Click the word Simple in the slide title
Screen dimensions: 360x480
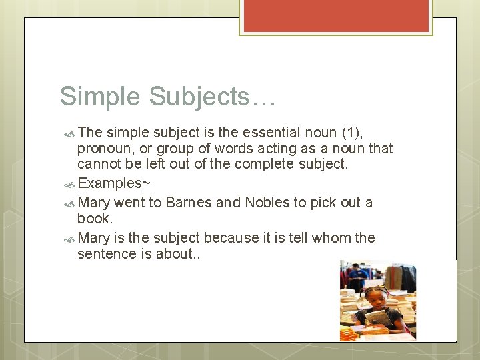tap(100, 97)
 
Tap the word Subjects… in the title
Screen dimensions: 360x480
tap(212, 97)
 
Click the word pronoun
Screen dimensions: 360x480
tap(105, 149)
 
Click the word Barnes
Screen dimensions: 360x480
tap(189, 203)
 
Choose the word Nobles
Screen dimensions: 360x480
tap(267, 203)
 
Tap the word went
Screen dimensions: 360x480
tap(129, 203)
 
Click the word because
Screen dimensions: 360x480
tap(231, 238)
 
